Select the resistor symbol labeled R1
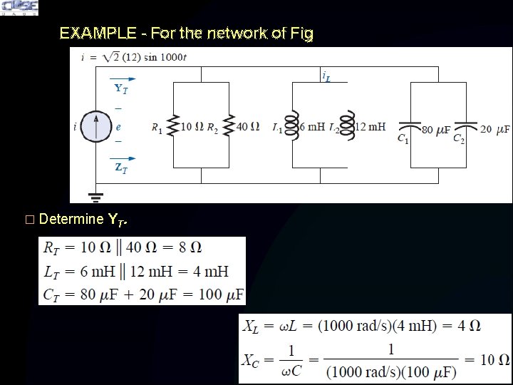[x=172, y=127]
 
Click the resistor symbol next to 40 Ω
[x=229, y=127]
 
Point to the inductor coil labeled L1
[x=291, y=127]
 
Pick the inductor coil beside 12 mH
[x=347, y=127]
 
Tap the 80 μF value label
[x=435, y=130]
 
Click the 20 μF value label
[x=495, y=130]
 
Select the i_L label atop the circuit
[x=326, y=76]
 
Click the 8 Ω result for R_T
[x=189, y=248]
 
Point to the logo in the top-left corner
[x=20, y=8]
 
